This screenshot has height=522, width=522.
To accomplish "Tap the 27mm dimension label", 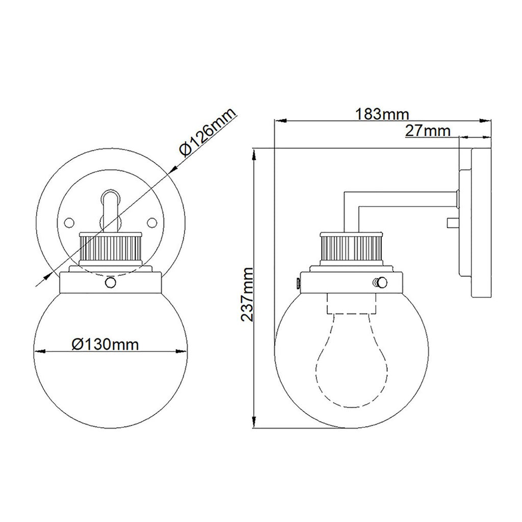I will click(428, 131).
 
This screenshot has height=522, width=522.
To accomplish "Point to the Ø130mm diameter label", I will click(105, 344).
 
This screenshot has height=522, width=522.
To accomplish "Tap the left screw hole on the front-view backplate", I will click(69, 222).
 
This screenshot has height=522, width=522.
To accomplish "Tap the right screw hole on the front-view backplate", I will click(151, 222).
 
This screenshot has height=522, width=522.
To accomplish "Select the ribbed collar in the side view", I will click(352, 249).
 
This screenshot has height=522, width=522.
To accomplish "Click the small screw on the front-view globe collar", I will click(110, 282).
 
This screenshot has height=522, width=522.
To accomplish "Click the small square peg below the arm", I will click(451, 222).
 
